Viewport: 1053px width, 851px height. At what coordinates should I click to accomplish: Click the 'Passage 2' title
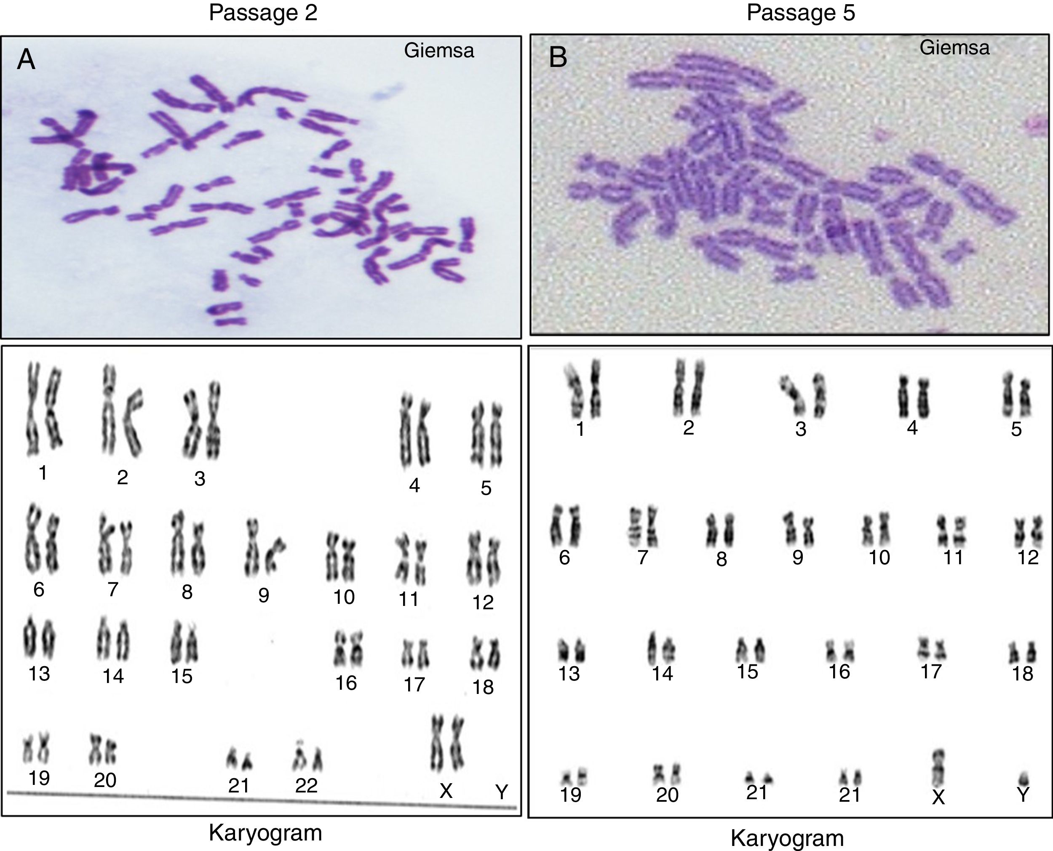(263, 13)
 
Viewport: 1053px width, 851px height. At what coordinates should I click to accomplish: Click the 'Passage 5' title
(801, 13)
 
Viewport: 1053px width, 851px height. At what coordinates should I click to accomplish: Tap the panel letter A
(26, 61)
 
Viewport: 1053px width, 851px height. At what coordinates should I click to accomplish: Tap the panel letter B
(558, 58)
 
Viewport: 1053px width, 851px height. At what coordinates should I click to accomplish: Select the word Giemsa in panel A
(439, 51)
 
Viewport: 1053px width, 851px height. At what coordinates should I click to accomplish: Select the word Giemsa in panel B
(954, 48)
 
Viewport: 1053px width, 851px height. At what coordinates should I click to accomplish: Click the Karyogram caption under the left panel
(265, 832)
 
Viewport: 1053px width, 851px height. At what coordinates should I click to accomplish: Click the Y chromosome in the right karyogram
(1023, 779)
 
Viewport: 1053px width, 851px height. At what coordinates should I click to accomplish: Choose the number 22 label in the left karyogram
(306, 785)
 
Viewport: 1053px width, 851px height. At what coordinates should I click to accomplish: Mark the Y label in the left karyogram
(501, 792)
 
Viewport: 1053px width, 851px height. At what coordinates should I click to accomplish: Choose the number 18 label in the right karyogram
(1023, 674)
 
